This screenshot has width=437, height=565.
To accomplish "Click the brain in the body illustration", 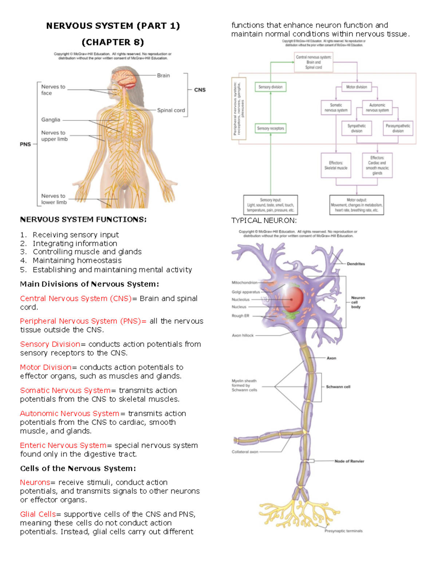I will point(124,77).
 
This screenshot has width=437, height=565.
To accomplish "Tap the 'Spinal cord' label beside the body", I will point(171,110).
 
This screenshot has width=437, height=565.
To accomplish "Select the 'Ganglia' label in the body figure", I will point(51,120).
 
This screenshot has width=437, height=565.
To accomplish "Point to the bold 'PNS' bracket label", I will point(25,144).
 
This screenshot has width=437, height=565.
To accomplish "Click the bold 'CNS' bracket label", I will point(200,90).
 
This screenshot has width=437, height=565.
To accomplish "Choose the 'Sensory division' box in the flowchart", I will point(270,87).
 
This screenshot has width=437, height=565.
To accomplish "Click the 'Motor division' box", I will point(357,87).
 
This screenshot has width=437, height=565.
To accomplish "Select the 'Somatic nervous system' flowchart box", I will point(336,108).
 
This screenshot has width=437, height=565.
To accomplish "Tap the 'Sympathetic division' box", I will point(357,128).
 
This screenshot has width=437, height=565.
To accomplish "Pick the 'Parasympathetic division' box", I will point(398,128).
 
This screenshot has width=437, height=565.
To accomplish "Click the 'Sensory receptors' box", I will point(270,128).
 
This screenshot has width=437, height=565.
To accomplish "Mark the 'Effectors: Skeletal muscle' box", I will point(336,166).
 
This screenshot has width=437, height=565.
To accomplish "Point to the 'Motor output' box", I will point(357,205).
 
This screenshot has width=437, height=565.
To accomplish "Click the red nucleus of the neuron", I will point(291,299).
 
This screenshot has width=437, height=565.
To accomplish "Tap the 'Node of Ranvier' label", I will point(349,461).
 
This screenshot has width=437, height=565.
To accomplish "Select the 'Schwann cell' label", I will point(338,387).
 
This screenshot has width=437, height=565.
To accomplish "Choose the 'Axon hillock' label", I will point(243,335).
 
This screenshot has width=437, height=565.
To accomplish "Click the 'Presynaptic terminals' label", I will point(343,531).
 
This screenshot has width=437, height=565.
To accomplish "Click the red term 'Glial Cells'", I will point(38,514).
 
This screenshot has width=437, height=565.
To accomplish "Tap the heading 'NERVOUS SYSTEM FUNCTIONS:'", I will point(83,219).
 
